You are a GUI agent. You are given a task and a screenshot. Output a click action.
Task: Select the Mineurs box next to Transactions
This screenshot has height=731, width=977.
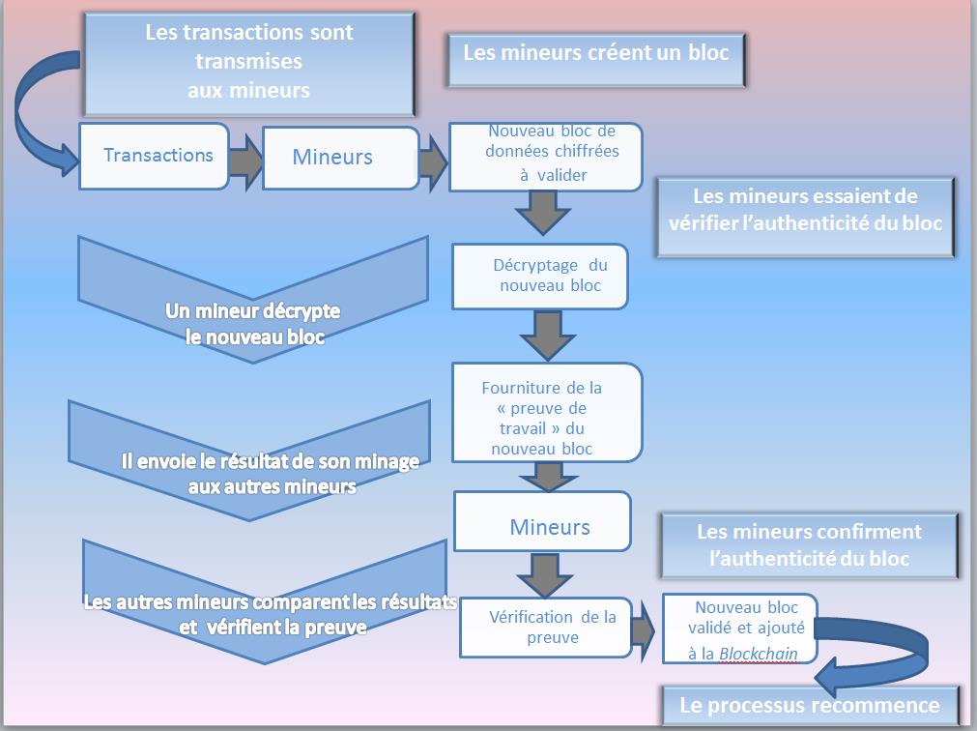click(332, 157)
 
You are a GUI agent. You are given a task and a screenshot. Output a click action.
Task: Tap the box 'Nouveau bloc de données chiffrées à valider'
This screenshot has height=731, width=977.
click(546, 155)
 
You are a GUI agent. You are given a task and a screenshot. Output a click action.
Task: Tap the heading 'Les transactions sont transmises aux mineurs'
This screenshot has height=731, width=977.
click(250, 61)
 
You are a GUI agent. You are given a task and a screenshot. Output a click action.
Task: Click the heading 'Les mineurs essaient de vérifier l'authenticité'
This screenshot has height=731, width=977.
click(804, 210)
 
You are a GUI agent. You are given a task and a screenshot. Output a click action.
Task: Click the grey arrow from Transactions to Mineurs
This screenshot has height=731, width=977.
click(245, 157)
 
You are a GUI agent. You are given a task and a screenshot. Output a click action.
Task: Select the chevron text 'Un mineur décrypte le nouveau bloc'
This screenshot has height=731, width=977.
click(253, 324)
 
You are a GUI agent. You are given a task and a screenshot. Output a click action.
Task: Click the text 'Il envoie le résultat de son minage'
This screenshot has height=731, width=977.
click(270, 462)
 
